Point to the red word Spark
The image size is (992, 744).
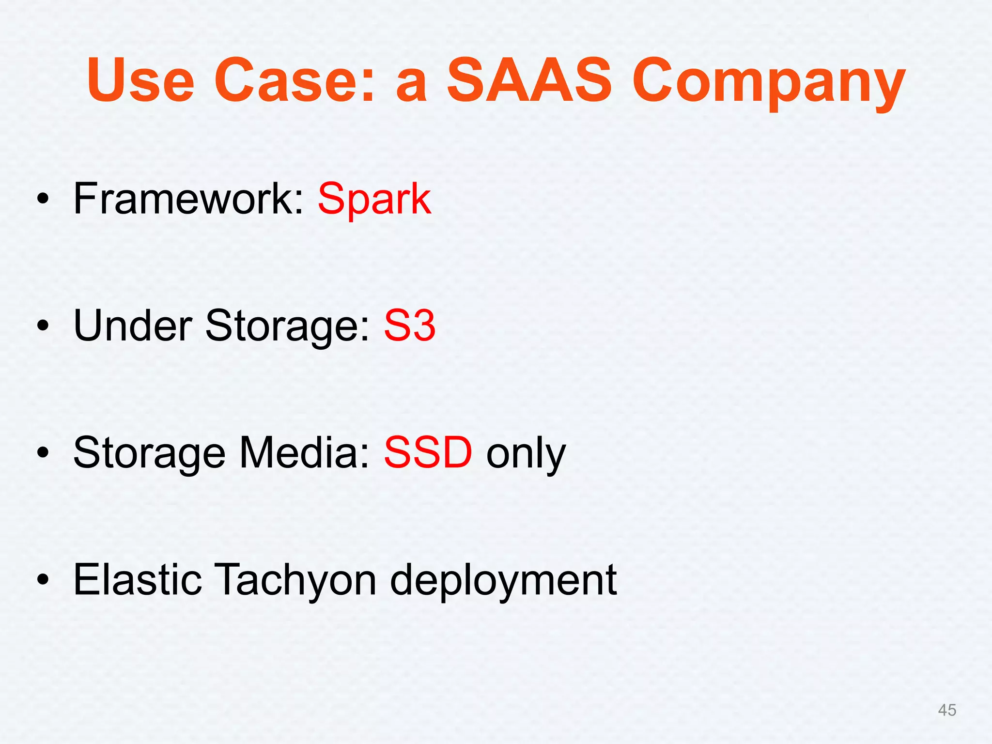click(x=374, y=200)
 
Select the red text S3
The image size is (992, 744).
click(x=410, y=325)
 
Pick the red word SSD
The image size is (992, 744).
click(x=428, y=452)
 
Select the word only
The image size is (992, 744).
click(x=526, y=455)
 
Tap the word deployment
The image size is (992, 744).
click(x=503, y=581)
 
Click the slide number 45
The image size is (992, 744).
click(x=947, y=710)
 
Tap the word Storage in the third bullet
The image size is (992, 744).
click(x=149, y=454)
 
